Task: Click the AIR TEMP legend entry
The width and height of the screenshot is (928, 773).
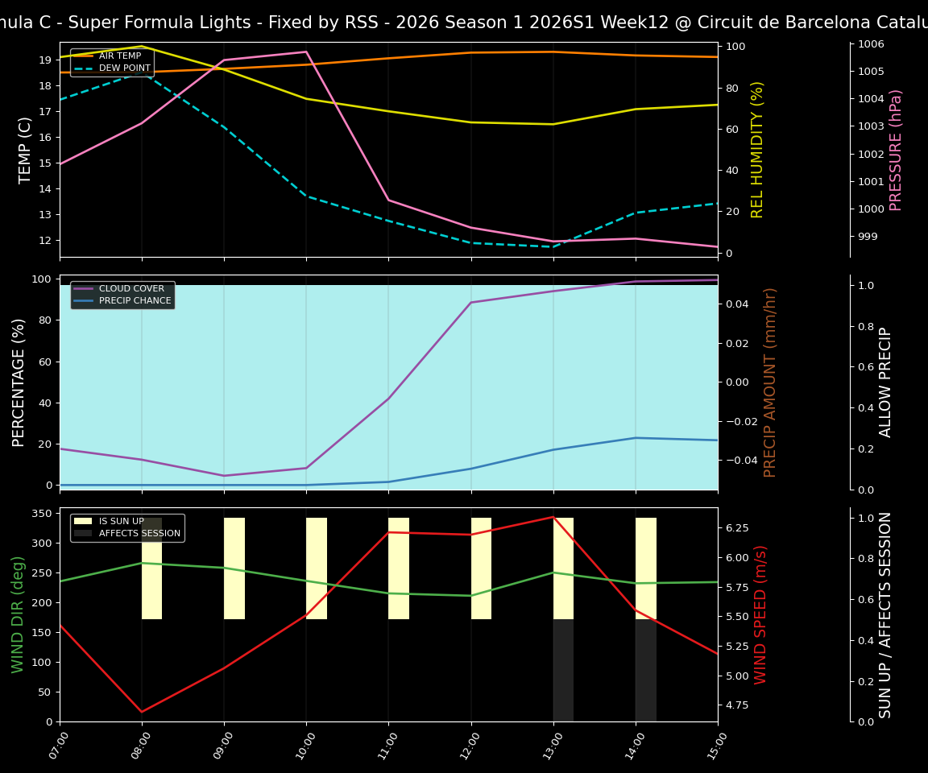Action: click(119, 56)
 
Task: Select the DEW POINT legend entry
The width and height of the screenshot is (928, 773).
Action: click(124, 68)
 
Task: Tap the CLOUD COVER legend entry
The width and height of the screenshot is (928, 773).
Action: click(130, 288)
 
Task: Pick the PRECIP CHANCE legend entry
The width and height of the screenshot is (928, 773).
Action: click(135, 300)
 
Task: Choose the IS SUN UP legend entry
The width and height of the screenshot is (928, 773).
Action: click(121, 521)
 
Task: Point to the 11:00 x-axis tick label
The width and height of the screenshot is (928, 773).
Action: click(384, 746)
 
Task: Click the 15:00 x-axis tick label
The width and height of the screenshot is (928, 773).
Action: click(714, 746)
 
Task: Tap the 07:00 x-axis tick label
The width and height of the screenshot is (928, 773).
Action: click(56, 746)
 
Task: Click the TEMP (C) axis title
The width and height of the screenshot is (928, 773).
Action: click(26, 150)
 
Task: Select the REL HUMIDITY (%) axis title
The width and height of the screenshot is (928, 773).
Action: click(757, 150)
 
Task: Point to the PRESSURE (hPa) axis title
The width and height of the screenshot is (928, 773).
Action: click(896, 150)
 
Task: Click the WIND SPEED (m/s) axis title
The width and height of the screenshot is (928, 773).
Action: click(760, 614)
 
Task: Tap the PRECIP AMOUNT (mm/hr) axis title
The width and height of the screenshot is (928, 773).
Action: click(770, 382)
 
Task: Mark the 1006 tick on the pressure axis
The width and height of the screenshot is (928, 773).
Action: click(872, 44)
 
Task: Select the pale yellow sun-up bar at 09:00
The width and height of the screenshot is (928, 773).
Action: click(234, 568)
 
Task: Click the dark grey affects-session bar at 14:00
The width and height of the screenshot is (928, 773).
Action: click(646, 670)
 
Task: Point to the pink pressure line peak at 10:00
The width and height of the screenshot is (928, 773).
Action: click(306, 52)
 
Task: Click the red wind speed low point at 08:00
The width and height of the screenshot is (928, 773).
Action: click(142, 712)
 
